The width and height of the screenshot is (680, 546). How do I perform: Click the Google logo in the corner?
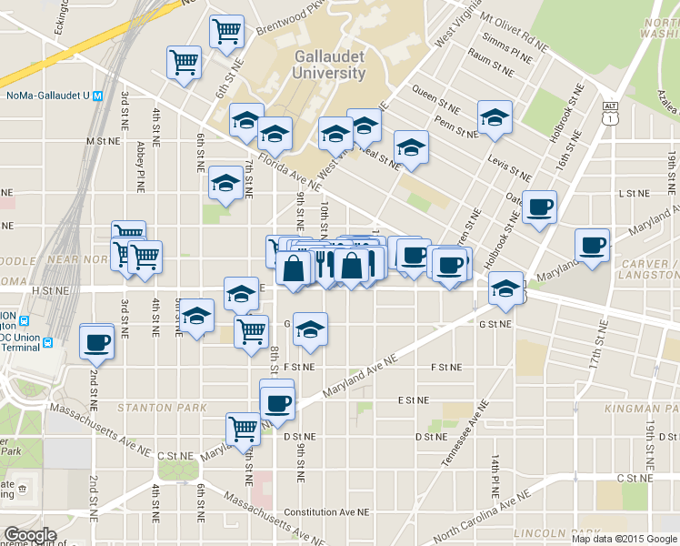[x=30, y=535]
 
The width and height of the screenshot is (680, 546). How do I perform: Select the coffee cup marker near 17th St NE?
[x=593, y=246]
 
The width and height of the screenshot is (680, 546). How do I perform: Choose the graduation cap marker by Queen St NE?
[x=495, y=117]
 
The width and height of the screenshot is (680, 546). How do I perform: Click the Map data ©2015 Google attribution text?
[x=622, y=539]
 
